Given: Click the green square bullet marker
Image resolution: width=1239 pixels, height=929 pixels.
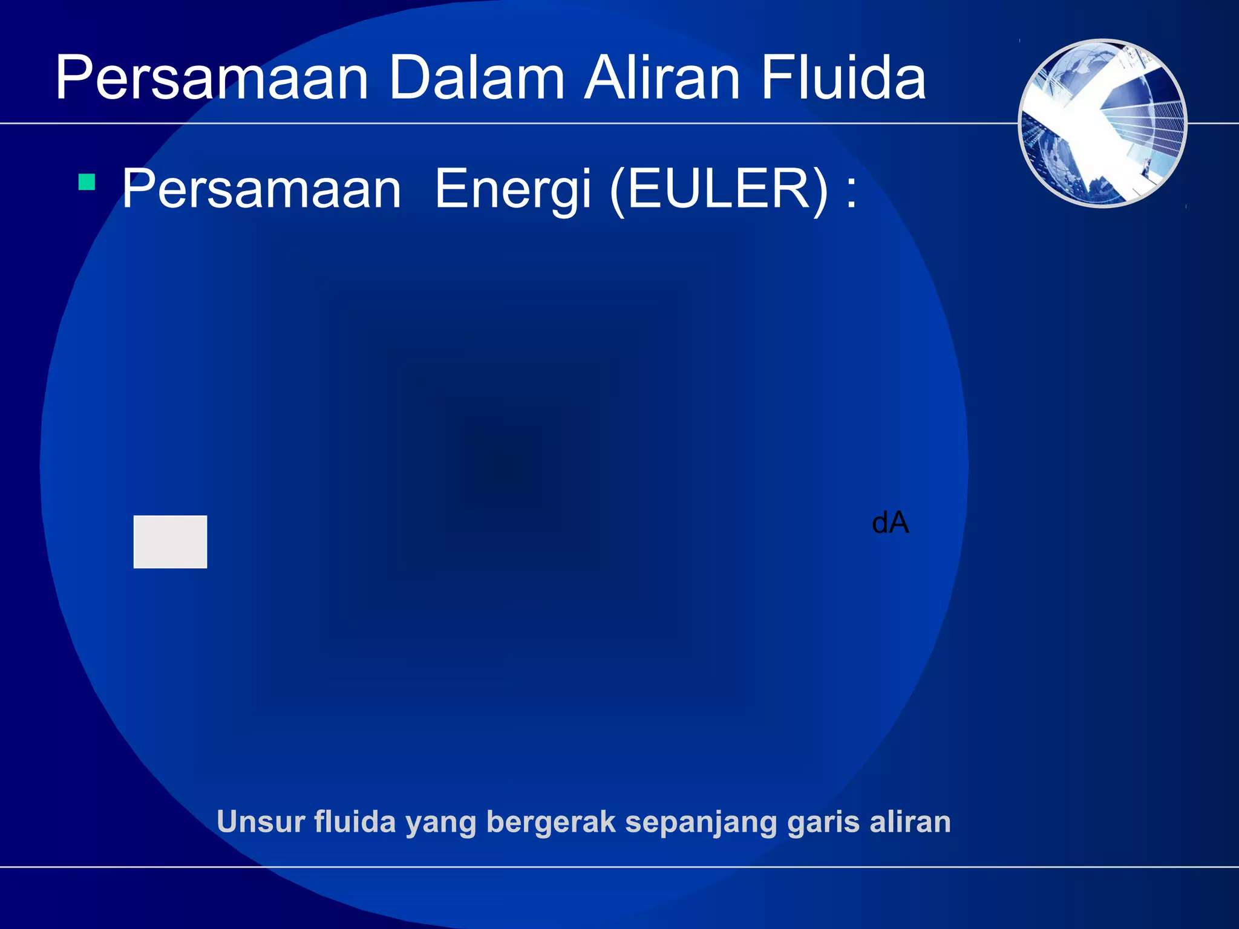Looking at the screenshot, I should [87, 182].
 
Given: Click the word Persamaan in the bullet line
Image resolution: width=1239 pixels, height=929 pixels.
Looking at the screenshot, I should [261, 189].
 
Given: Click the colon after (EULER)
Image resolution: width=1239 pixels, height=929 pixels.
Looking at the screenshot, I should [851, 192].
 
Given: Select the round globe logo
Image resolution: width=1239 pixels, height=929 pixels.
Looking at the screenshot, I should [1102, 123].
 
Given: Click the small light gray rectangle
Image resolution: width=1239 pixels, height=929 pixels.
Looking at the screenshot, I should [170, 541].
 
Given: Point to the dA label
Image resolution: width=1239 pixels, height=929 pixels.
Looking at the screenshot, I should [890, 523].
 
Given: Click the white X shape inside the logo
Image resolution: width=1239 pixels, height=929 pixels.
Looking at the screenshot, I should [1095, 130].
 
